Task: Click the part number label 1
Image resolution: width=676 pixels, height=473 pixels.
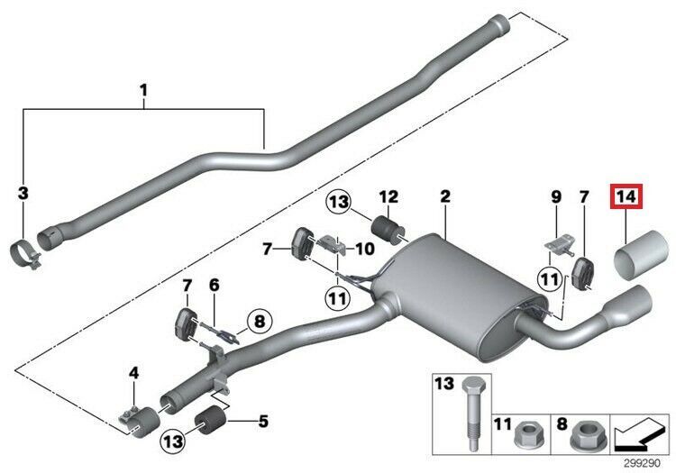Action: coord(142,90)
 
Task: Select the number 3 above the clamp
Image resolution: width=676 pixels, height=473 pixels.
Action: coord(23,193)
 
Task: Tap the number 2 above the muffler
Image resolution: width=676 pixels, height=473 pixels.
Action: coord(444,196)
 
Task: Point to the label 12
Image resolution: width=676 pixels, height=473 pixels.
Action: coord(388,196)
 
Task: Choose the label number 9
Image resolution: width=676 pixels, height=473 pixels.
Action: coord(556,196)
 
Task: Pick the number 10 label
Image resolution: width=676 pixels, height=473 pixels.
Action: coord(367,248)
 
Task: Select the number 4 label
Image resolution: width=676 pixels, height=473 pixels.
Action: coord(133,372)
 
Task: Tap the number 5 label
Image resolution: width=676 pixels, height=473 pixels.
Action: coord(263,420)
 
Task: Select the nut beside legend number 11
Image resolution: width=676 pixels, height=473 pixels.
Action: coord(528,439)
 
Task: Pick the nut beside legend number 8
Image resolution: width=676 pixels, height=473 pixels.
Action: coord(586,439)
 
